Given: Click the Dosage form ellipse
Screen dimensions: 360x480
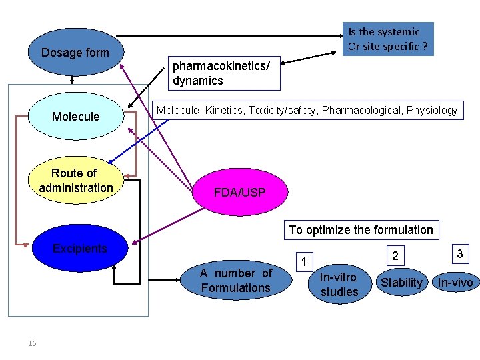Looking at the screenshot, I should tap(75, 53).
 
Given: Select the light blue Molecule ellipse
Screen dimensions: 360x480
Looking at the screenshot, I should tap(75, 116).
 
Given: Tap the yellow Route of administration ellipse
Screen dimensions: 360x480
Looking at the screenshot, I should tap(76, 181).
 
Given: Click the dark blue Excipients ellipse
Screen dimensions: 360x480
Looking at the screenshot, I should tap(80, 249).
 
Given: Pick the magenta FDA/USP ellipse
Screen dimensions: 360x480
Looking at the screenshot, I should tap(240, 193).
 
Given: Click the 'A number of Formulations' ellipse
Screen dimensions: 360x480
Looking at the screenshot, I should tap(236, 281).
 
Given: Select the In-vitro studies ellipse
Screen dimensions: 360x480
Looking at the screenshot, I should tap(339, 284).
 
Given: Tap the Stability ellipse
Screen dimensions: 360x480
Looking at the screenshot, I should tap(401, 283).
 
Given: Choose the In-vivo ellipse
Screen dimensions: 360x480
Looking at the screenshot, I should tap(455, 283).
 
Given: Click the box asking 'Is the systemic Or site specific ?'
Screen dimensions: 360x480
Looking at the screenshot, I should tap(388, 39).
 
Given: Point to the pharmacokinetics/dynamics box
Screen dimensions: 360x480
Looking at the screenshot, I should tap(224, 73).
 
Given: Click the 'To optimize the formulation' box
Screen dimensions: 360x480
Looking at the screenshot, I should tap(361, 230).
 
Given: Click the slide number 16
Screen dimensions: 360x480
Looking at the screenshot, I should tap(32, 343).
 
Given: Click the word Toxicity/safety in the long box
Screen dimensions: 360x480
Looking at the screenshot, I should tap(283, 111).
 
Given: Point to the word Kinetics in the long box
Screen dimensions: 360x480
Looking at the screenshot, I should tap(224, 111).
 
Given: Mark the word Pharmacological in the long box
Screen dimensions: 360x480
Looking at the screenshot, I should tap(362, 111).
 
